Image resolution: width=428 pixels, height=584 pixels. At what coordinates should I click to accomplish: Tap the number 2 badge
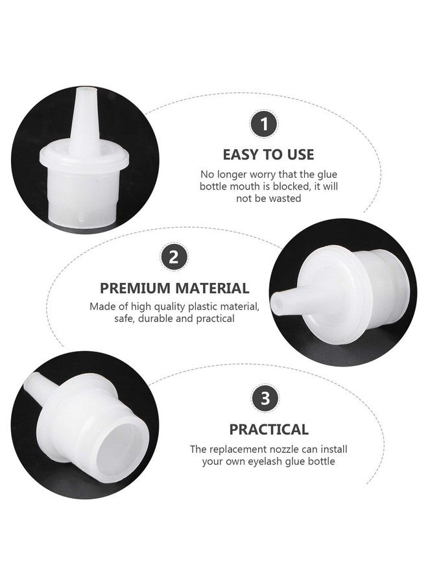tap(173, 258)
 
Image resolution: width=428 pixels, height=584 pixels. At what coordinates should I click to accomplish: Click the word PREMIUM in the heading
tap(132, 288)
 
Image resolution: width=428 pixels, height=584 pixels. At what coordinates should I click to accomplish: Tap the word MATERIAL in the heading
tap(211, 288)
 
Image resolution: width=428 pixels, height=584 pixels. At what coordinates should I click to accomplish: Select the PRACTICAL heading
tap(268, 429)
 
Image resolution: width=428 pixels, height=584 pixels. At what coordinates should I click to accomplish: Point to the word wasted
tap(286, 199)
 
